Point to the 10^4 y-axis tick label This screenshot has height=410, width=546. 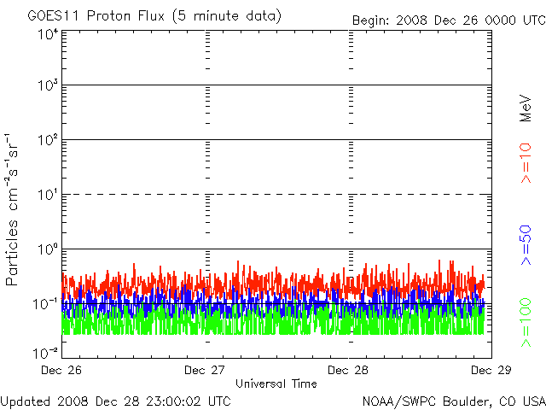[47, 34]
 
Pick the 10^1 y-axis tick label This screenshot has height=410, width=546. [47, 196]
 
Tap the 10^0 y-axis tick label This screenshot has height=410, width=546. [47, 250]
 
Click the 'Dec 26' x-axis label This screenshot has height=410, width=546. [63, 370]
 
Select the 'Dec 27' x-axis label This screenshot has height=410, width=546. [206, 370]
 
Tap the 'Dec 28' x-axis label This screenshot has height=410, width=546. [349, 370]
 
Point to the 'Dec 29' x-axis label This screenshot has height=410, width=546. [491, 370]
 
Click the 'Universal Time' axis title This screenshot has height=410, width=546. [276, 384]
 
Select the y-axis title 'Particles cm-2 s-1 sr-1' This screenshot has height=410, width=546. [15, 209]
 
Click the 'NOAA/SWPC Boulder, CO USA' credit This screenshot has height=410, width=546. [453, 401]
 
